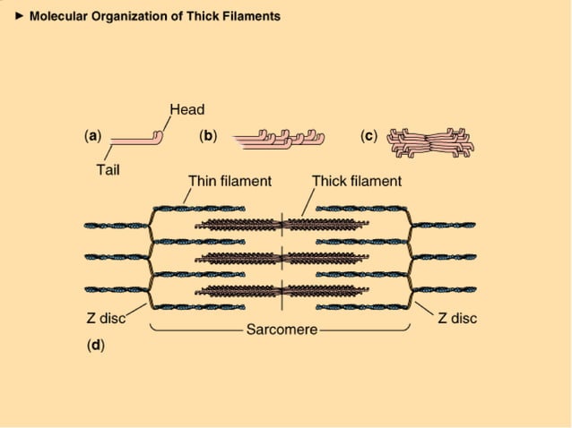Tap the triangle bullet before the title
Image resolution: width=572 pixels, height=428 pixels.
21,16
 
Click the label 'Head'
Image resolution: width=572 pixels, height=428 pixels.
186,110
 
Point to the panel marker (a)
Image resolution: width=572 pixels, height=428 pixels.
92,136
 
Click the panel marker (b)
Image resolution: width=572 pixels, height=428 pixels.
208,136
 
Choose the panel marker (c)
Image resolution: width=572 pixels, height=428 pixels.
368,136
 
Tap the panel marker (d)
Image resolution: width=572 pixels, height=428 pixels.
95,345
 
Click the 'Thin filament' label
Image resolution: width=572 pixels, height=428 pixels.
230,181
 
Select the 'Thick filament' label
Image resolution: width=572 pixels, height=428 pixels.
356,181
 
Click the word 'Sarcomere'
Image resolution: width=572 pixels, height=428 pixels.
282,330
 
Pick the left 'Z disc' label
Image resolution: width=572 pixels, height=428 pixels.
104,318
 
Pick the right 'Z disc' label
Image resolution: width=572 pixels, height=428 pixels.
457,318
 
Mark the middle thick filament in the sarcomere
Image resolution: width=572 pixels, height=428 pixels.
282,258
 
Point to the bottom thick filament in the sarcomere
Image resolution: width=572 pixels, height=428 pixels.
282,289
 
